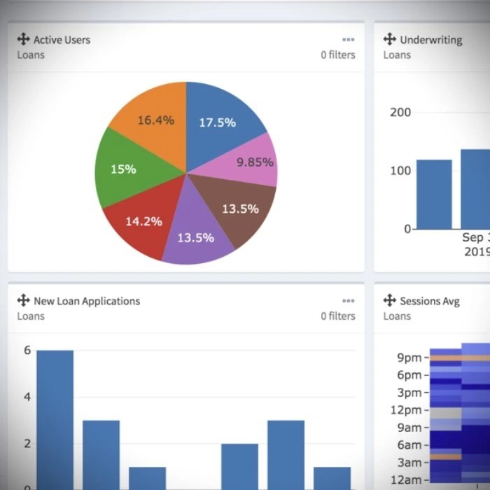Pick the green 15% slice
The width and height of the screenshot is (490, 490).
[x=125, y=169]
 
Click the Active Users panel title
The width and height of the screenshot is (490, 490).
[x=62, y=40]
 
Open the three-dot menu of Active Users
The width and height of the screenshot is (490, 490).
[x=348, y=40]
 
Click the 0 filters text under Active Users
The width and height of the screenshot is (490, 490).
[x=338, y=55]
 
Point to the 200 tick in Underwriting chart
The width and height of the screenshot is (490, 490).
[x=400, y=112]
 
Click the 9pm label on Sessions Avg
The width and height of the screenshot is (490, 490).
[x=409, y=358]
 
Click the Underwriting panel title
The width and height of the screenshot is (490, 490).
[x=430, y=40]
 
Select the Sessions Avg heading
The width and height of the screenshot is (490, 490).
[x=429, y=301]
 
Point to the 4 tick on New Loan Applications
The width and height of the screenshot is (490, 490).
[x=27, y=397]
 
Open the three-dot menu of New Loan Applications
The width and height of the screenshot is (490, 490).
[x=348, y=301]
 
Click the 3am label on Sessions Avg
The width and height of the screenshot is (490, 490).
[x=409, y=463]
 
